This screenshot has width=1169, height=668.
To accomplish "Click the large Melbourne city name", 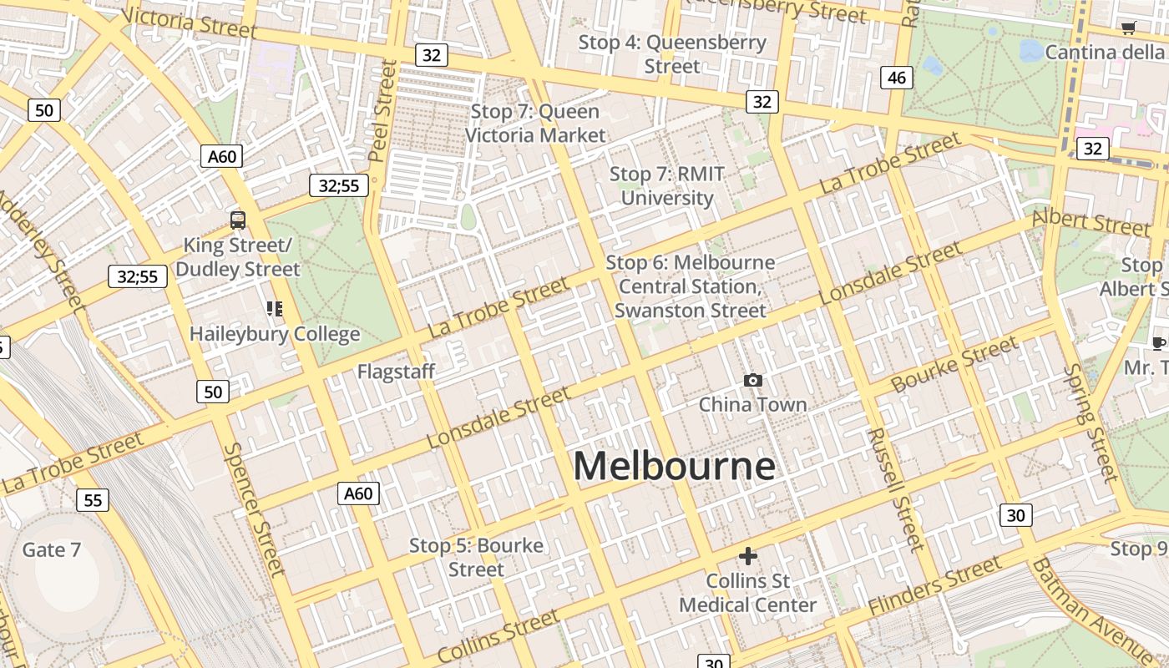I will (x=674, y=466).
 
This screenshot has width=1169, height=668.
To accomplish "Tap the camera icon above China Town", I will (x=752, y=381).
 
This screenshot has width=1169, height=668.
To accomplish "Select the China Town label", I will (x=752, y=405).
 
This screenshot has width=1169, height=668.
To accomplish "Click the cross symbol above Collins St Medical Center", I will (x=748, y=555).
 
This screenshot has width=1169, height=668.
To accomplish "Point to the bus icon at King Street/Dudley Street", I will (x=238, y=220).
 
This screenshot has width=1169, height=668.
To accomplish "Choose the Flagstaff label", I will (x=396, y=372).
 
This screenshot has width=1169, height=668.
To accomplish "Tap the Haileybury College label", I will (x=275, y=334).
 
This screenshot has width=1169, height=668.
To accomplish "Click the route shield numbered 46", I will (x=896, y=78).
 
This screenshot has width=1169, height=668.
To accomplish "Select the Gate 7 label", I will (x=52, y=549).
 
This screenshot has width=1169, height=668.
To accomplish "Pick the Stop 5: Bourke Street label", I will (x=476, y=557).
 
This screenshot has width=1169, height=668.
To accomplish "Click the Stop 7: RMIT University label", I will (x=666, y=186).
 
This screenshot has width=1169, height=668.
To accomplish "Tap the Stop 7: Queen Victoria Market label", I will (x=535, y=123).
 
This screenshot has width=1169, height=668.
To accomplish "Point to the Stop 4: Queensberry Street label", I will (x=672, y=53).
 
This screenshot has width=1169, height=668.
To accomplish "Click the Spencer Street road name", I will (x=254, y=509).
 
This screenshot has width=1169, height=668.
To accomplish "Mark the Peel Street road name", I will (x=382, y=109).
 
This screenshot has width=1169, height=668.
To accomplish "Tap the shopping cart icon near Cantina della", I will (x=1129, y=28).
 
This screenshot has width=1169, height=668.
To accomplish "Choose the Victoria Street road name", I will (x=189, y=23).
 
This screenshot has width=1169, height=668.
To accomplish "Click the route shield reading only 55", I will (x=92, y=500).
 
